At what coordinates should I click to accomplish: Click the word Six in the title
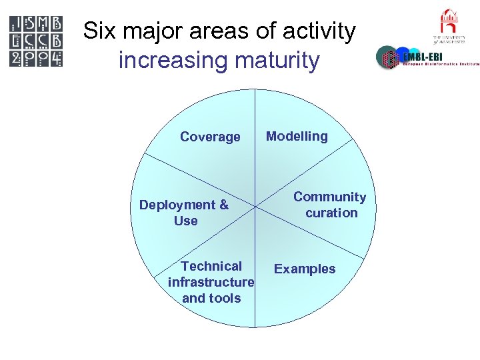pos(99,31)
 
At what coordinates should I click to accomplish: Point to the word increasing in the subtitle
pos(171,61)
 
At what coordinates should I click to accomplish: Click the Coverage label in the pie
pos(210,137)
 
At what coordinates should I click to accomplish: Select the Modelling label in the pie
pos(297,136)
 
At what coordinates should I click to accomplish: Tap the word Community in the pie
pos(329,197)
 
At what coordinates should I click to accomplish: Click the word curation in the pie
pos(331,213)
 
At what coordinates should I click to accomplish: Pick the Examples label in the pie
pos(305,269)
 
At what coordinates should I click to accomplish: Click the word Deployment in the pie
pos(177,205)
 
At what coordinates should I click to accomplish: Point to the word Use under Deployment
pos(185,221)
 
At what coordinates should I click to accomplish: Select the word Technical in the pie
pos(211,266)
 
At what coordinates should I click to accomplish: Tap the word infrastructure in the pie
pos(211,282)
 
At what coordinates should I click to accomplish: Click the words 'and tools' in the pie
pos(211,298)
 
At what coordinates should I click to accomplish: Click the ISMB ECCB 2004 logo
pos(37,41)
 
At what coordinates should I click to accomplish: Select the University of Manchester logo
pos(449,27)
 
